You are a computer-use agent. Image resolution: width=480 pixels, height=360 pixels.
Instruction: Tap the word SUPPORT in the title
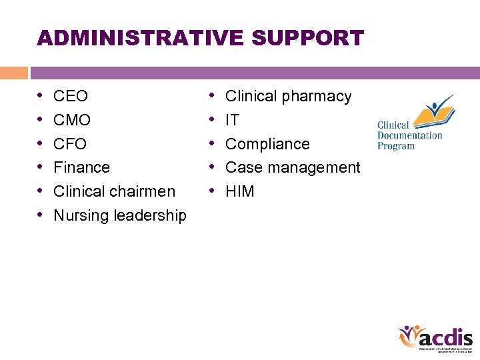(x=308, y=38)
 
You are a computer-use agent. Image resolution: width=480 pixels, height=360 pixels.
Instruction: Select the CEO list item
(x=70, y=97)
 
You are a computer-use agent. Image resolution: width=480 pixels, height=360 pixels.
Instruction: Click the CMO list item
(x=71, y=121)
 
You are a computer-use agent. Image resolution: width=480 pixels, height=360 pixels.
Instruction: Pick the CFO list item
(x=70, y=144)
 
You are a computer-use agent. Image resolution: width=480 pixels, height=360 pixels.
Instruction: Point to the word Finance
(x=81, y=167)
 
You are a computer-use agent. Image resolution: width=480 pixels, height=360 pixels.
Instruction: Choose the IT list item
(x=232, y=121)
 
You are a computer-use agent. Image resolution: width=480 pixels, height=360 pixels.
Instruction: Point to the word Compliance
(x=267, y=144)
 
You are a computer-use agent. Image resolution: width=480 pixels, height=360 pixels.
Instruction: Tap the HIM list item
(x=240, y=191)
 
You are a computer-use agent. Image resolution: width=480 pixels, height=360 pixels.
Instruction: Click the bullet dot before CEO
(x=41, y=96)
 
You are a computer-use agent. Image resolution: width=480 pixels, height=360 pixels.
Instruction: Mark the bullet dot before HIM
(x=213, y=191)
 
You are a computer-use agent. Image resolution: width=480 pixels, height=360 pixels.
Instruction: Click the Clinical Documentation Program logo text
(x=409, y=135)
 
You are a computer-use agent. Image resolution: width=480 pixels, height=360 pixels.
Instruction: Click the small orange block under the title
(x=13, y=73)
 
